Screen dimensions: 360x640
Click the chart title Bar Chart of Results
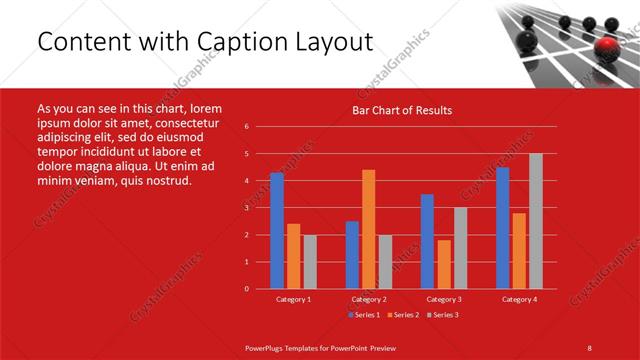[401, 110]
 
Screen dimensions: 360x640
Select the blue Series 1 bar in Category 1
[277, 231]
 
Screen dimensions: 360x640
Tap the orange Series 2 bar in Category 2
[368, 229]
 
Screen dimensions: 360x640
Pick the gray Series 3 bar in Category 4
[535, 221]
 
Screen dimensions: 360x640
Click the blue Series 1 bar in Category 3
[427, 241]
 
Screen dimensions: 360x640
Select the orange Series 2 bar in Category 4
[519, 251]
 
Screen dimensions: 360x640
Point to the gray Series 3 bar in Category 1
[310, 262]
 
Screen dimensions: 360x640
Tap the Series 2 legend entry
[402, 315]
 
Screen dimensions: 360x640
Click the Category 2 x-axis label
[369, 299]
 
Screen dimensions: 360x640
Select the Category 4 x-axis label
[519, 299]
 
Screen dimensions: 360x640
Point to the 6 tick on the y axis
[247, 127]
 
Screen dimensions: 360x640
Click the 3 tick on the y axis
[247, 208]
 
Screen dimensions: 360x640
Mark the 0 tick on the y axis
[247, 289]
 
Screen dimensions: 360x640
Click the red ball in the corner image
[606, 48]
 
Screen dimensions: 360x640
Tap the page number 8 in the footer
[589, 347]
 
